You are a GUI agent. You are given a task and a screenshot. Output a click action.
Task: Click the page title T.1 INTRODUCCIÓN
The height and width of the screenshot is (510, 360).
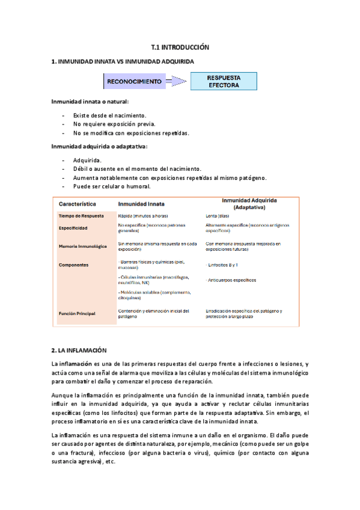180,46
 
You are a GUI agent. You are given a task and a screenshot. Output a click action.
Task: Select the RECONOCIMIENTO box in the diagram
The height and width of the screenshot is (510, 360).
135,81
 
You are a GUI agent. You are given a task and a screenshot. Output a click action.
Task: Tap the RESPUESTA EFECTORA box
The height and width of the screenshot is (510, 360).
224,81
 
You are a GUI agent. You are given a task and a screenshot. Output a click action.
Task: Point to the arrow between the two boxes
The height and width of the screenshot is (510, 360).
177,81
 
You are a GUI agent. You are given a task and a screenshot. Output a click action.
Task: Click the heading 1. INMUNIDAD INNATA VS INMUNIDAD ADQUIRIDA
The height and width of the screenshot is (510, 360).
123,61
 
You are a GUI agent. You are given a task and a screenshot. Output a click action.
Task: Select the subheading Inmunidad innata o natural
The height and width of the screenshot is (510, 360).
90,102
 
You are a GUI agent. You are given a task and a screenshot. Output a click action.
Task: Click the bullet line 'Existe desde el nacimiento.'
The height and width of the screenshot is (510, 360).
109,115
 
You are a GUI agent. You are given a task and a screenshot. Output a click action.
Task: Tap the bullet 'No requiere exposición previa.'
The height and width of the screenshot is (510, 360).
114,124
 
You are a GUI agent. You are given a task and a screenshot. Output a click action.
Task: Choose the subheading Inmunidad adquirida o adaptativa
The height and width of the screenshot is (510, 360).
99,146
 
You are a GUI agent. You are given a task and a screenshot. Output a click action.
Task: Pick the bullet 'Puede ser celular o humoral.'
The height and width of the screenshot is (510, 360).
112,186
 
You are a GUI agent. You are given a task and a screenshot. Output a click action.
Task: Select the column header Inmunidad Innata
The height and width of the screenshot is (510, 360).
144,204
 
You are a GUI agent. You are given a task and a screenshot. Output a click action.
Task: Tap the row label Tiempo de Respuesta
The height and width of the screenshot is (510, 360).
81,216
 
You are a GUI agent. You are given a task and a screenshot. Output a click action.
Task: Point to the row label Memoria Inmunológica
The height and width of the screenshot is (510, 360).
83,247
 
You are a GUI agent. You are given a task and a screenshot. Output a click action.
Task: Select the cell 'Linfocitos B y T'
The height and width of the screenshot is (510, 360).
222,265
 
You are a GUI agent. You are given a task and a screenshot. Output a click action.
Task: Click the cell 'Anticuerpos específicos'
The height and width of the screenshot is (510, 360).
231,280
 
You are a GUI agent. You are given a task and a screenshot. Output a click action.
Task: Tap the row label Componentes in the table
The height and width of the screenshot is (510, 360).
75,265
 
